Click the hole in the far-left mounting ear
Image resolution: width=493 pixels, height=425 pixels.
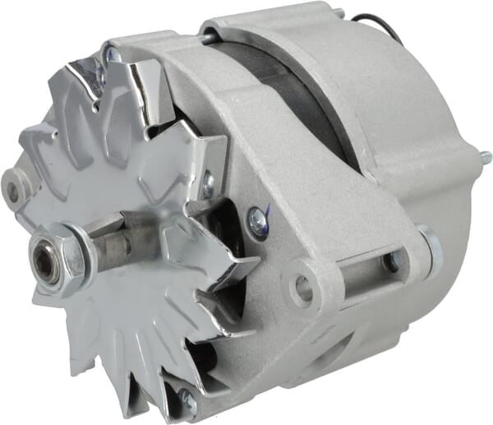coord(12,191)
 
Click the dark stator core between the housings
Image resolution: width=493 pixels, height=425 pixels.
coord(304,90)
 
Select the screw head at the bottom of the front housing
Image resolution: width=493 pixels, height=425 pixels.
coord(187,400)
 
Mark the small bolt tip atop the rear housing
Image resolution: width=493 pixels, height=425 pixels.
coord(338,14)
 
